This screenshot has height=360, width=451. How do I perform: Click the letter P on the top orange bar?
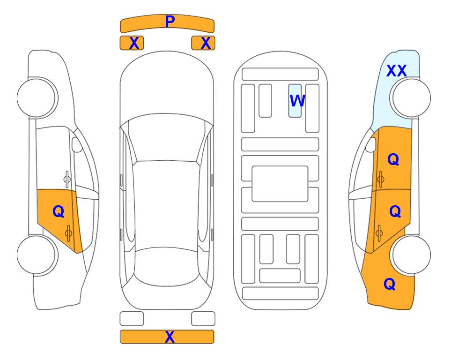170,22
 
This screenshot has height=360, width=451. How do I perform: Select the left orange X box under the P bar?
132,43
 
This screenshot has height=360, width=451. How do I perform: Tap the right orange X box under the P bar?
203,43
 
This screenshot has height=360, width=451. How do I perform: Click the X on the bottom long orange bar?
170,337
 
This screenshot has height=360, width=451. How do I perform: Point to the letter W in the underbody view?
297,100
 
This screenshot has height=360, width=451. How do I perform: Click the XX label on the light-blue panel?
396,71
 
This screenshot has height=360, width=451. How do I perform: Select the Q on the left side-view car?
59,212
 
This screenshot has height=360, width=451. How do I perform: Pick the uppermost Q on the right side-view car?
393,159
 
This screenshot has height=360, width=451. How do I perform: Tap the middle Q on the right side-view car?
395,211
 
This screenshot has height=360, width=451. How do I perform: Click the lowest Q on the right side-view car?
390,284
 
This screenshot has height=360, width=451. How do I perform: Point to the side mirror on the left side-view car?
76,144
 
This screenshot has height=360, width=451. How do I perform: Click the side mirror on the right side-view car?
371,144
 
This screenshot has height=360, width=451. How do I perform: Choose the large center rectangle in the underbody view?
280,184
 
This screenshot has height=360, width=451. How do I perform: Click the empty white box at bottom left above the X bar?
132,319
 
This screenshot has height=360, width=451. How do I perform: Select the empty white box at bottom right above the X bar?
203,319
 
